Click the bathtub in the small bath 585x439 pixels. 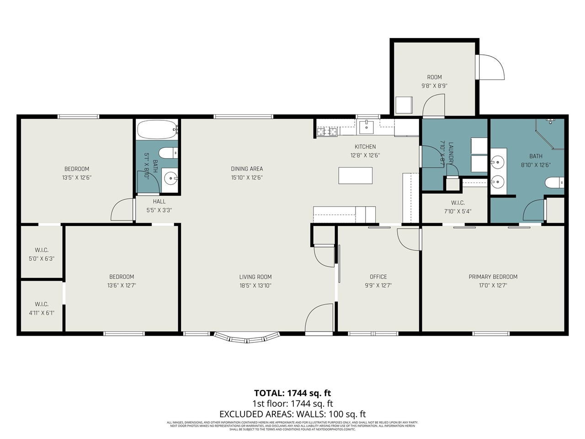(157, 130)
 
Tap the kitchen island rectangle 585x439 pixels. (355, 176)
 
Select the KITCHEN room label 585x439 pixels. (365, 147)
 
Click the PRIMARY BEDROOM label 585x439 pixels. (493, 277)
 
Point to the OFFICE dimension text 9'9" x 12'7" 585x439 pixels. (378, 285)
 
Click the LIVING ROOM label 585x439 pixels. (255, 277)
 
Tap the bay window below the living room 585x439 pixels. (247, 338)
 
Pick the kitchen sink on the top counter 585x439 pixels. (366, 127)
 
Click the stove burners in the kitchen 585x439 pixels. (327, 132)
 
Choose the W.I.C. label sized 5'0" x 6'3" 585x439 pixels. (42, 250)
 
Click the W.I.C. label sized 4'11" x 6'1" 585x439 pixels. (42, 304)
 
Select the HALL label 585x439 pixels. (159, 201)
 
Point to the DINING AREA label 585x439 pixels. (247, 169)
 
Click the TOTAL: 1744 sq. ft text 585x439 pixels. (292, 393)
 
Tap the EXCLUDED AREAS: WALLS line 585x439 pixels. (292, 414)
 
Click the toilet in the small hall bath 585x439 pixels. (168, 152)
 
